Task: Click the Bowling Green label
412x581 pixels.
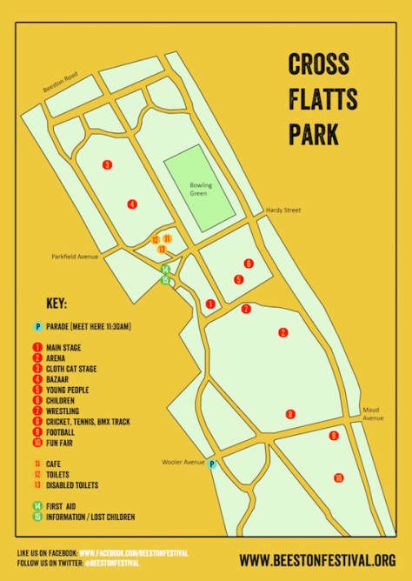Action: point(201,189)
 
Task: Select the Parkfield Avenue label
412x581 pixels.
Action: point(75,257)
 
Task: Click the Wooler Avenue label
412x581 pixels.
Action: point(178,463)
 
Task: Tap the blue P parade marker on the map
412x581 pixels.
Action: point(211,465)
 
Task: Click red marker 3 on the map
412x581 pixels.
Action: point(107,164)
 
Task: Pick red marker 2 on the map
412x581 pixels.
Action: point(282,332)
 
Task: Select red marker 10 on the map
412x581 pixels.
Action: point(338,477)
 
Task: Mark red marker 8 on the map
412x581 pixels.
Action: point(290,414)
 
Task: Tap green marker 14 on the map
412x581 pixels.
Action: point(163,270)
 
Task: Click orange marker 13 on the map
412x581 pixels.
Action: point(162,250)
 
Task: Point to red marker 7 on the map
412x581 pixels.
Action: point(246,309)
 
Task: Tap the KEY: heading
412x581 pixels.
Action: point(56,304)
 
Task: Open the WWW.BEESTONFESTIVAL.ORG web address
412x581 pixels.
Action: point(323,560)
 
